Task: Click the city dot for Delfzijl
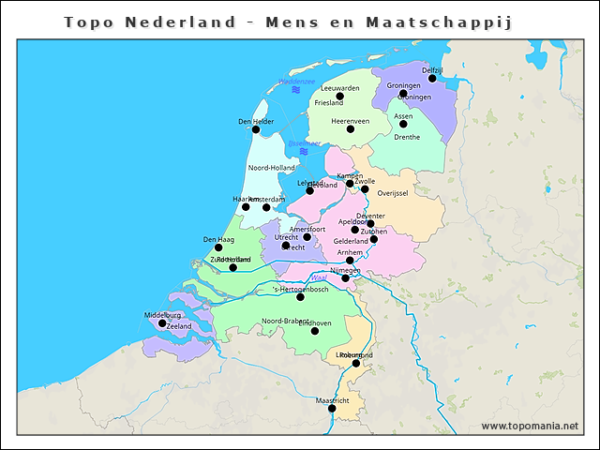click(x=432, y=79)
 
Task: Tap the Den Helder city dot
click(x=255, y=129)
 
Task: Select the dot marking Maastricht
click(x=332, y=408)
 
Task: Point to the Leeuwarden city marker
click(x=340, y=96)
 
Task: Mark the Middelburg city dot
click(x=162, y=323)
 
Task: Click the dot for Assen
click(x=403, y=124)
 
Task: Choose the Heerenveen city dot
click(x=351, y=128)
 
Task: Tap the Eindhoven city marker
click(x=315, y=331)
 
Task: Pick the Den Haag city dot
click(x=218, y=247)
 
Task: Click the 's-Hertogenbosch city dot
click(x=300, y=297)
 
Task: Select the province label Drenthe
click(x=407, y=137)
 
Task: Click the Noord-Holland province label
click(x=271, y=168)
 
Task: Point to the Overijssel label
click(x=392, y=193)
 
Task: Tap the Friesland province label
click(x=329, y=103)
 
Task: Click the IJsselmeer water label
click(x=304, y=142)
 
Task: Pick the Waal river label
click(x=319, y=278)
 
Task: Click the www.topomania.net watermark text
click(x=530, y=426)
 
